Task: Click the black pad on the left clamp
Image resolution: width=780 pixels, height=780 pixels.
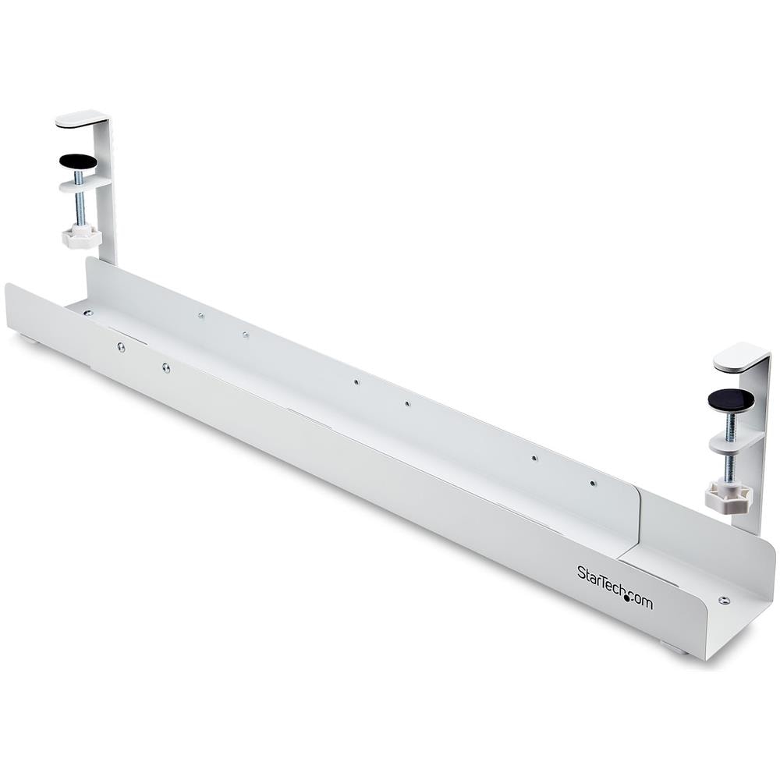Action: click(x=77, y=161)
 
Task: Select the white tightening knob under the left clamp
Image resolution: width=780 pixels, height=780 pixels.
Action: click(x=82, y=236)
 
